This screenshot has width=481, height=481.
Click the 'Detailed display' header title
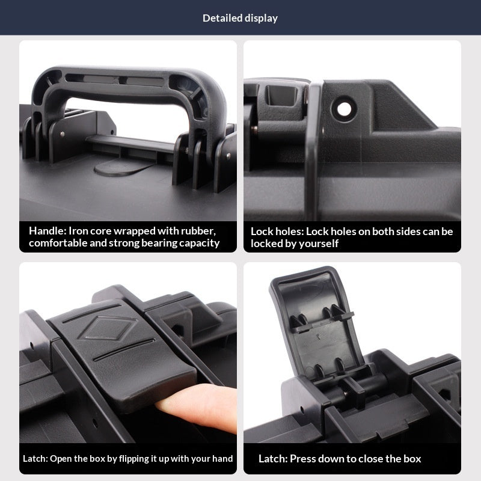[x=240, y=18]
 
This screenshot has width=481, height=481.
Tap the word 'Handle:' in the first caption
[x=47, y=231]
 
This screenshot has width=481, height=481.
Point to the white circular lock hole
[x=344, y=109]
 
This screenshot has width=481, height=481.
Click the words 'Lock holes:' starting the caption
[x=277, y=231]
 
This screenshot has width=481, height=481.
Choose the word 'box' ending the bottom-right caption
[x=412, y=459]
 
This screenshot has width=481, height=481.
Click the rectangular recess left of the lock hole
[x=281, y=94]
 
